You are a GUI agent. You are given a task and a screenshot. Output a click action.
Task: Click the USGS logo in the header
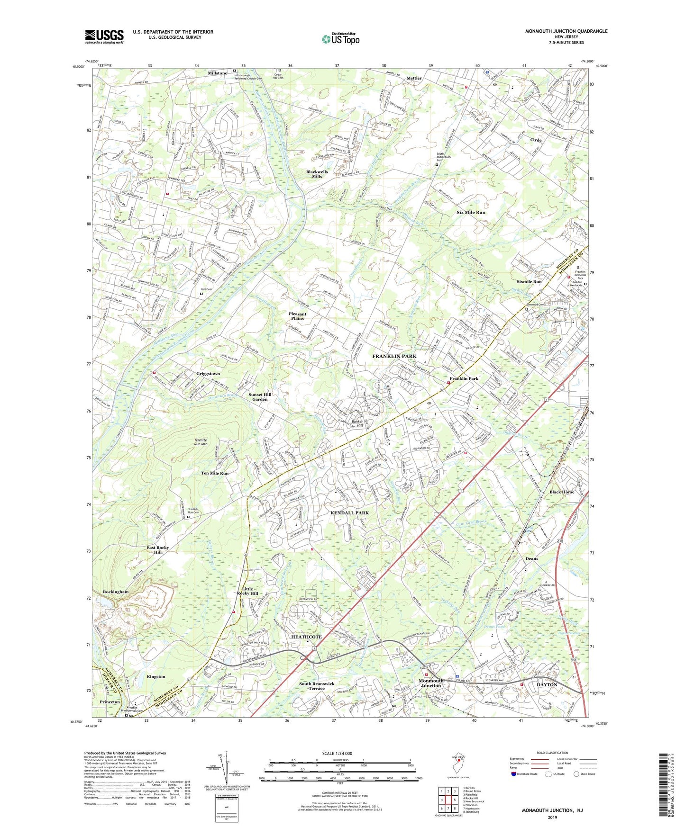(104, 36)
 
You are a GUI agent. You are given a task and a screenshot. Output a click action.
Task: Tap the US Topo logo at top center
(340, 39)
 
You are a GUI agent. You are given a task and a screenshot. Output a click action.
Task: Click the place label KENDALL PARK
(349, 512)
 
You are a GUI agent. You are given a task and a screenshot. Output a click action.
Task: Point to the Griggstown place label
(208, 374)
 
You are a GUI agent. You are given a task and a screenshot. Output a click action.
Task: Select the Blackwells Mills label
(317, 174)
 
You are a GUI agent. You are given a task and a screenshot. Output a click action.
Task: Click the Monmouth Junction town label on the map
(431, 683)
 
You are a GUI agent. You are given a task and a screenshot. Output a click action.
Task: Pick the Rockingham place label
(116, 592)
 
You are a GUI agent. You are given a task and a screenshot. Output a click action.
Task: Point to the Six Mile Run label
(471, 212)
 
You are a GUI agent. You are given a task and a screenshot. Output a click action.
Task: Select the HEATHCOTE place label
(306, 637)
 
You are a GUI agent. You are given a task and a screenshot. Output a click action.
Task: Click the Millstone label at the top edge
(217, 73)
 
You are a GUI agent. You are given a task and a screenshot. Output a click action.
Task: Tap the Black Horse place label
(562, 492)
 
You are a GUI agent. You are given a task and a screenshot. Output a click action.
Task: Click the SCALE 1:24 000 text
(337, 753)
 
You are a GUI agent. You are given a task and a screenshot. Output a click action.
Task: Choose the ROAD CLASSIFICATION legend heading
(552, 753)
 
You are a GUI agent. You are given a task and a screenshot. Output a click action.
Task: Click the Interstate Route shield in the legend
(514, 774)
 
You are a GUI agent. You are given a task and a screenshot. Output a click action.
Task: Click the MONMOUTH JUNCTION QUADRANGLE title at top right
(566, 31)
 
